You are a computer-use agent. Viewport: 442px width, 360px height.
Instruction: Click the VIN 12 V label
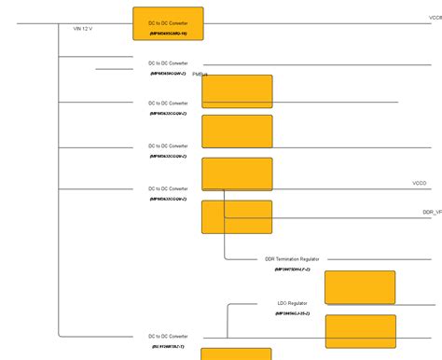(83, 29)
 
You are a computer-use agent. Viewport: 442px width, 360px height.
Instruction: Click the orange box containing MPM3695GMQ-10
(168, 23)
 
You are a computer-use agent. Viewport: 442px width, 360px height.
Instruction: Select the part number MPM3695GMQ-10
(168, 34)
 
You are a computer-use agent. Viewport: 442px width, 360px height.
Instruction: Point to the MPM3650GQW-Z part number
(168, 73)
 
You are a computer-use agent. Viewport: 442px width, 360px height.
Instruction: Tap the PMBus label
(200, 74)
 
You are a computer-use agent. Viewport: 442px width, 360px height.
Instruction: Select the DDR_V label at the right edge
(432, 213)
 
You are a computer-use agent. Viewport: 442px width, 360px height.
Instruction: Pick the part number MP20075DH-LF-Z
(292, 270)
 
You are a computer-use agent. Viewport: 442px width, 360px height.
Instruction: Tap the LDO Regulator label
(292, 303)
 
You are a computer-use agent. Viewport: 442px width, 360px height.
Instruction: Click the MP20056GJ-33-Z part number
(292, 313)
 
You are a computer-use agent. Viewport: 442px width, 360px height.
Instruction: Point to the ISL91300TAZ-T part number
(168, 346)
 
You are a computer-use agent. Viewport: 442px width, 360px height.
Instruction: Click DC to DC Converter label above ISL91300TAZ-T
(168, 336)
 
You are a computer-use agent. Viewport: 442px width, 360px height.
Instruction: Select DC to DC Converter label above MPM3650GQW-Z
(168, 62)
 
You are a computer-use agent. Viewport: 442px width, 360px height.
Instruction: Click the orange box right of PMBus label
(237, 91)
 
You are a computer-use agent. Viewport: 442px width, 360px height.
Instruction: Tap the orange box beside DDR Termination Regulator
(359, 287)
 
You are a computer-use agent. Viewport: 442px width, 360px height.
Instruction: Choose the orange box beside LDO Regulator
(359, 331)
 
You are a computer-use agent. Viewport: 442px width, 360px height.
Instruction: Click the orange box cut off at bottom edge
(237, 353)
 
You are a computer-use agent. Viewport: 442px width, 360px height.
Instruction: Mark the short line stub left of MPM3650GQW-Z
(114, 69)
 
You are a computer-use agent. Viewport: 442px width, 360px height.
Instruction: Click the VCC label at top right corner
(435, 17)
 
